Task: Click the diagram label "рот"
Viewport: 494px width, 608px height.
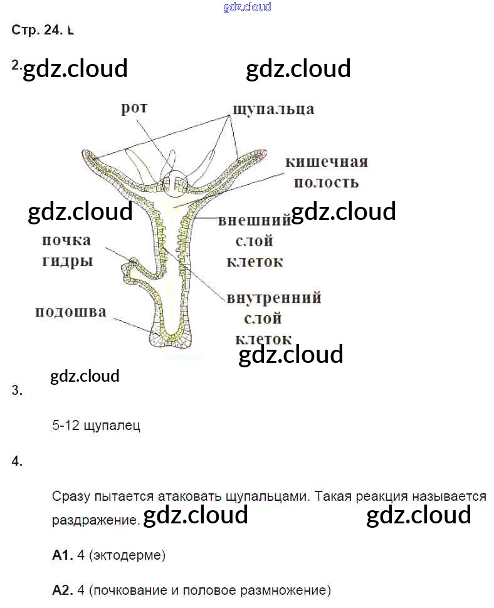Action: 134,108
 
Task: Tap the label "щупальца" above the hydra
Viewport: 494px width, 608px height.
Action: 273,109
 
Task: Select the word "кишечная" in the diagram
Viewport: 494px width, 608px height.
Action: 326,162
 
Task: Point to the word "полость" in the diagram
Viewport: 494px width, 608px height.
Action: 326,182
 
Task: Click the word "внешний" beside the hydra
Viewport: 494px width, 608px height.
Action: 255,221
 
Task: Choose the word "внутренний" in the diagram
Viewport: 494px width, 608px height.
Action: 274,297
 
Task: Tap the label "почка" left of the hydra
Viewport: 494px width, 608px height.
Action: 66,240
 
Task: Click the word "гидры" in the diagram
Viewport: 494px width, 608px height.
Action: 67,261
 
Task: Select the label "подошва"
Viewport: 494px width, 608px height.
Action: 70,312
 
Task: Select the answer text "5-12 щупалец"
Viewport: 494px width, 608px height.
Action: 97,426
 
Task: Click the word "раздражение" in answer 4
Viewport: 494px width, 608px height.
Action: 94,520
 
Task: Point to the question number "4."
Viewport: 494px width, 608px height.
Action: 17,461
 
